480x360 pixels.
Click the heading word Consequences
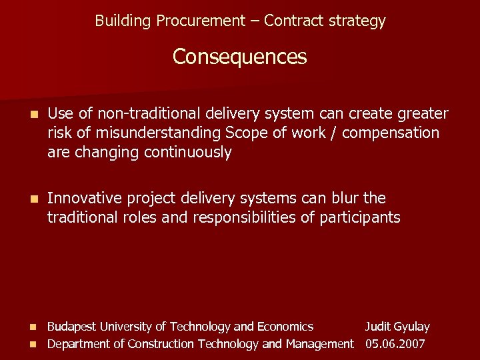(x=240, y=57)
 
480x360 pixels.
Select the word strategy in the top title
(x=359, y=21)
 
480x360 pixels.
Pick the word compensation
(x=393, y=133)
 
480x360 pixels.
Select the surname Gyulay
(x=412, y=327)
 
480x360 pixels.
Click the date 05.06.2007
(x=395, y=344)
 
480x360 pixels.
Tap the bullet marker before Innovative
(x=26, y=199)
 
